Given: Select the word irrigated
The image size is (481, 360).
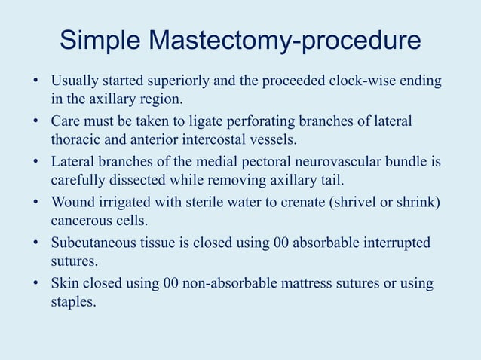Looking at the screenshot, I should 125,203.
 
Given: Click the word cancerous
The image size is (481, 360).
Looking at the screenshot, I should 83,221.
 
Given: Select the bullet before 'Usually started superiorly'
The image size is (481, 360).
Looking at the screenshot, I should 35,81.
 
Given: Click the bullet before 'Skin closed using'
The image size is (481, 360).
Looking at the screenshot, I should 35,285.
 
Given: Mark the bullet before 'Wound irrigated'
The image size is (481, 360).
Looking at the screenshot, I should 35,203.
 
